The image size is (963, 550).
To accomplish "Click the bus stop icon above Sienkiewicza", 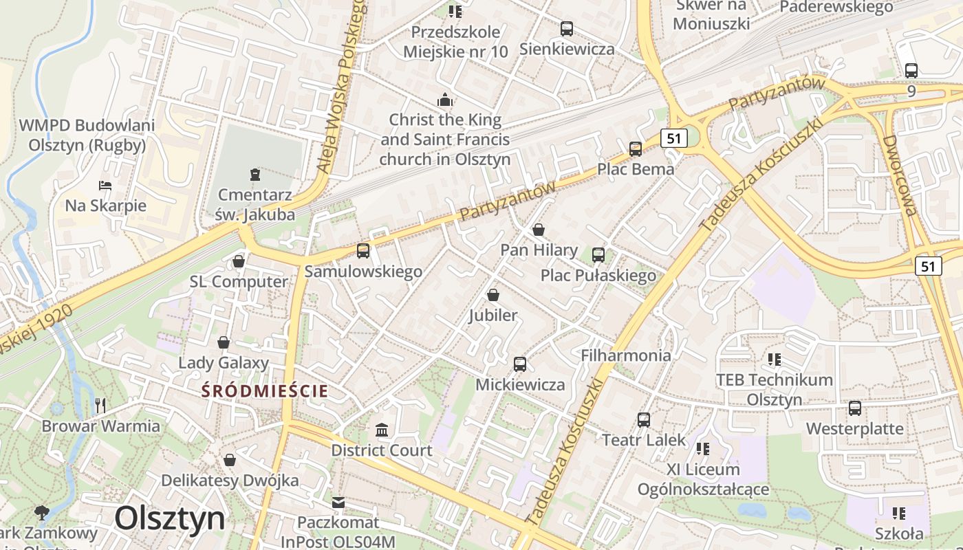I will tap(566, 29).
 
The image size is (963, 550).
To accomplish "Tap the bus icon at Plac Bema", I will tap(635, 148).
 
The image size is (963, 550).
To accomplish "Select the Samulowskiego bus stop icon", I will tap(363, 251).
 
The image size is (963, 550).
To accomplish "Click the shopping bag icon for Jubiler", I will tap(493, 296).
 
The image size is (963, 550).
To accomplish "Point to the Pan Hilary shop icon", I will tap(539, 230).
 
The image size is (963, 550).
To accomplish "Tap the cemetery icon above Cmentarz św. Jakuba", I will tap(255, 175).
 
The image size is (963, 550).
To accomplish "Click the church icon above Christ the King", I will tap(445, 100).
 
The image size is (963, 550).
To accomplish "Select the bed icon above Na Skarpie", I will tap(105, 186).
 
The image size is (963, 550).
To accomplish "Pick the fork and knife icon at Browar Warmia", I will tap(100, 405).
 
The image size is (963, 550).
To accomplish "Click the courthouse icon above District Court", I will tap(381, 430).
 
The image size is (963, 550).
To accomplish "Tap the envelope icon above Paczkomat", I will tap(338, 503).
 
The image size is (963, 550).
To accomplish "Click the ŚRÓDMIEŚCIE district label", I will tap(265, 391).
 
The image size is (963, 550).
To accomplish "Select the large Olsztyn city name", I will tap(170, 518).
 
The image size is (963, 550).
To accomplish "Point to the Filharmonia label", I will tap(625, 355).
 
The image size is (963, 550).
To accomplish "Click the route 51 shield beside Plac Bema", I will tap(673, 138).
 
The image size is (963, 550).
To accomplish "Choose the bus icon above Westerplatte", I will tap(854, 408).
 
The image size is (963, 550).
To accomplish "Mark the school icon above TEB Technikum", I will tap(775, 359).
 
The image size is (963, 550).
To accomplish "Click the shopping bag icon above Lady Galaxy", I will tap(224, 342).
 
